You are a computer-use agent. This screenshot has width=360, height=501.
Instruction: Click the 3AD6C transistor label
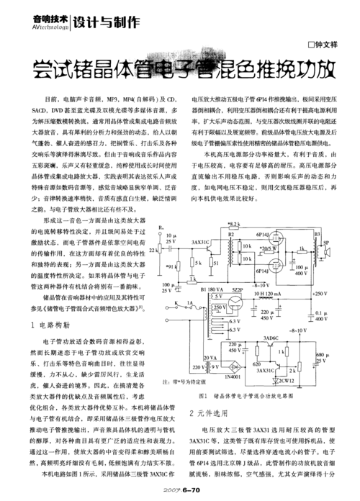click(x=271, y=318)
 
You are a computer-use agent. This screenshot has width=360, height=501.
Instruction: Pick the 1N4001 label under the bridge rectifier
click(x=232, y=377)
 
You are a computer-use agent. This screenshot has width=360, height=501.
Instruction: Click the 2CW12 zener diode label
click(x=288, y=379)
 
